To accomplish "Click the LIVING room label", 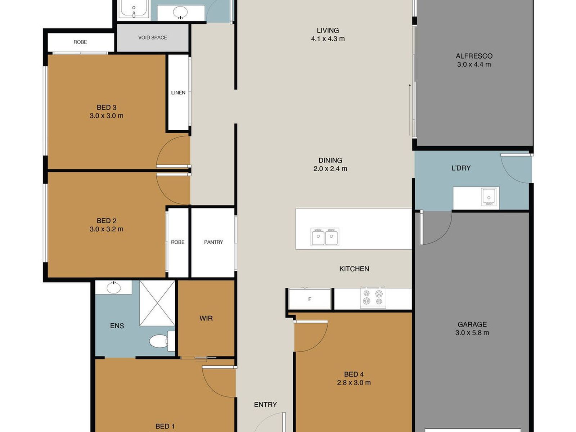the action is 328,31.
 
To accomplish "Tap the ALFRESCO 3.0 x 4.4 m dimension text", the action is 474,64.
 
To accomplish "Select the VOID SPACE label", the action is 153,37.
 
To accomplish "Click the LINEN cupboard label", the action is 178,93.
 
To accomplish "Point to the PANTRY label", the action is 213,242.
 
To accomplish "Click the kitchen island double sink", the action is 325,237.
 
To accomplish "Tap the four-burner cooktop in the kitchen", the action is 373,297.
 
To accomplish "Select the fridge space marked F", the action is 310,299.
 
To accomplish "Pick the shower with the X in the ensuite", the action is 157,303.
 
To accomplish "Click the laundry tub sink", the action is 489,197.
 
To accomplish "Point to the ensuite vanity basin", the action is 114,288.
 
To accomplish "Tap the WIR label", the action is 206,319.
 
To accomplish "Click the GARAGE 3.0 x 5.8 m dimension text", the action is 472,333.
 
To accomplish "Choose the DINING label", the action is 330,160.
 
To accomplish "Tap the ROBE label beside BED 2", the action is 177,242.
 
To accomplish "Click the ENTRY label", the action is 265,405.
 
